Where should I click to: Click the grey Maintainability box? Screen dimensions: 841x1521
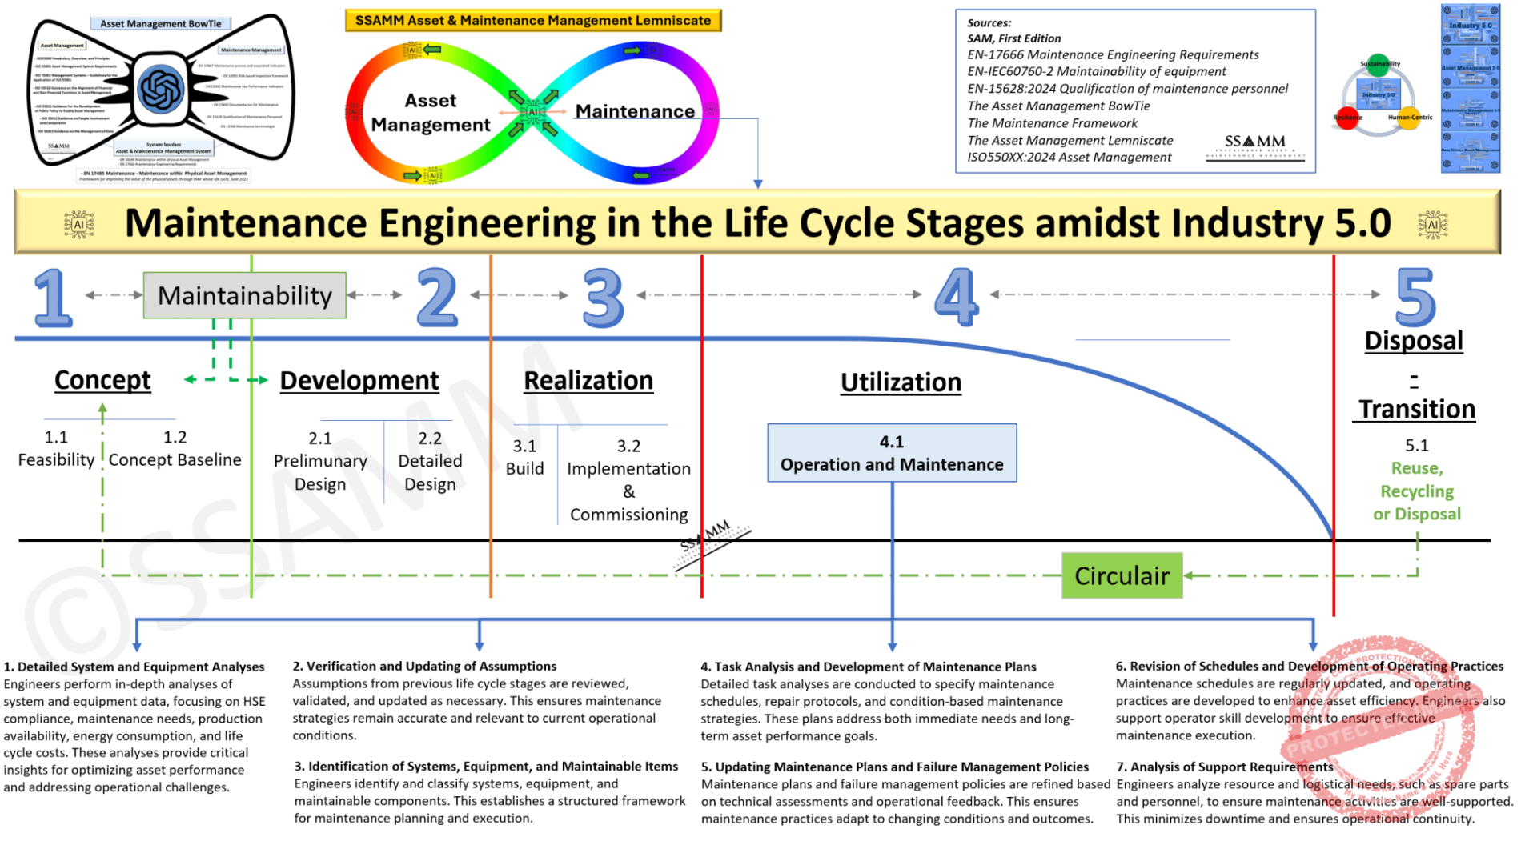(244, 295)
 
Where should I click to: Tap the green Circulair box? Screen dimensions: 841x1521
(1121, 575)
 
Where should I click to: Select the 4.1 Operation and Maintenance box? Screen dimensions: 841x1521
(891, 453)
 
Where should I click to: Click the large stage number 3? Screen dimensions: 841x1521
(603, 298)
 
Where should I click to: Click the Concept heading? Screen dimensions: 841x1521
(102, 380)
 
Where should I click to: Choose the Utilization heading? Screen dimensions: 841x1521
(901, 382)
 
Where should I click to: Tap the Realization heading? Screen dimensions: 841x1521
(588, 381)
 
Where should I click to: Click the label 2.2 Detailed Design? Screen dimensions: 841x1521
(430, 461)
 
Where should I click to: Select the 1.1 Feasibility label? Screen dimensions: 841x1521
(56, 449)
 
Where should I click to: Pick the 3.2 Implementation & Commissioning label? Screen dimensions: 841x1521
(628, 480)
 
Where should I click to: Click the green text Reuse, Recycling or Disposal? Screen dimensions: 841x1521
(1416, 491)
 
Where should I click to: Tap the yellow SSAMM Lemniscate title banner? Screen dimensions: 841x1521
(532, 20)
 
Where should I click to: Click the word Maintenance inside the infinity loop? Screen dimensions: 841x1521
(635, 111)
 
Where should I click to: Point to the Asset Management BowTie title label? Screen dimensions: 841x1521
(160, 23)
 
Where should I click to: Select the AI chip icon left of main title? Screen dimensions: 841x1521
(78, 225)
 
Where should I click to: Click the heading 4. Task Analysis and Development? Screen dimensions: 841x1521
(868, 667)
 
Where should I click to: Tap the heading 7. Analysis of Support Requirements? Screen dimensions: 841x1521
(1224, 767)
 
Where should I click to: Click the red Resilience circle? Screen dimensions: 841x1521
(1347, 118)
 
